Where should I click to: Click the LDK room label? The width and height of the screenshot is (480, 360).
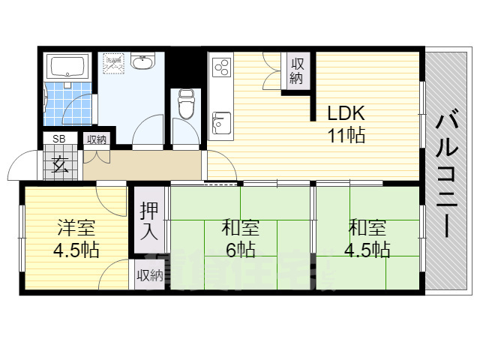[x=346, y=114]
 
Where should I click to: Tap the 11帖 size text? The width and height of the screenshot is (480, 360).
[x=346, y=136]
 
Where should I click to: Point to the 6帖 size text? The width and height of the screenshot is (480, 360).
[x=240, y=248]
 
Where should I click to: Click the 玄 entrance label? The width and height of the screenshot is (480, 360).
[x=60, y=165]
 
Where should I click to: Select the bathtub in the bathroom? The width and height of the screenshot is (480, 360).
[x=68, y=68]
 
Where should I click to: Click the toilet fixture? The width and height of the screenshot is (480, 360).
[x=186, y=104]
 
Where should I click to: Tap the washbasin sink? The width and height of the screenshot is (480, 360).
[x=142, y=62]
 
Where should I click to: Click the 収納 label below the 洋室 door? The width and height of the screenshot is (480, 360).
[x=149, y=275]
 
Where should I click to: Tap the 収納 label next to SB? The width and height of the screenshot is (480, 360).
[x=96, y=139]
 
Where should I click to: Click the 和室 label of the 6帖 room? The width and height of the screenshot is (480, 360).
[x=240, y=226]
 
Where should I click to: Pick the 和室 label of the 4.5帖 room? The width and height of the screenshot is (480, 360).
[x=367, y=226]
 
